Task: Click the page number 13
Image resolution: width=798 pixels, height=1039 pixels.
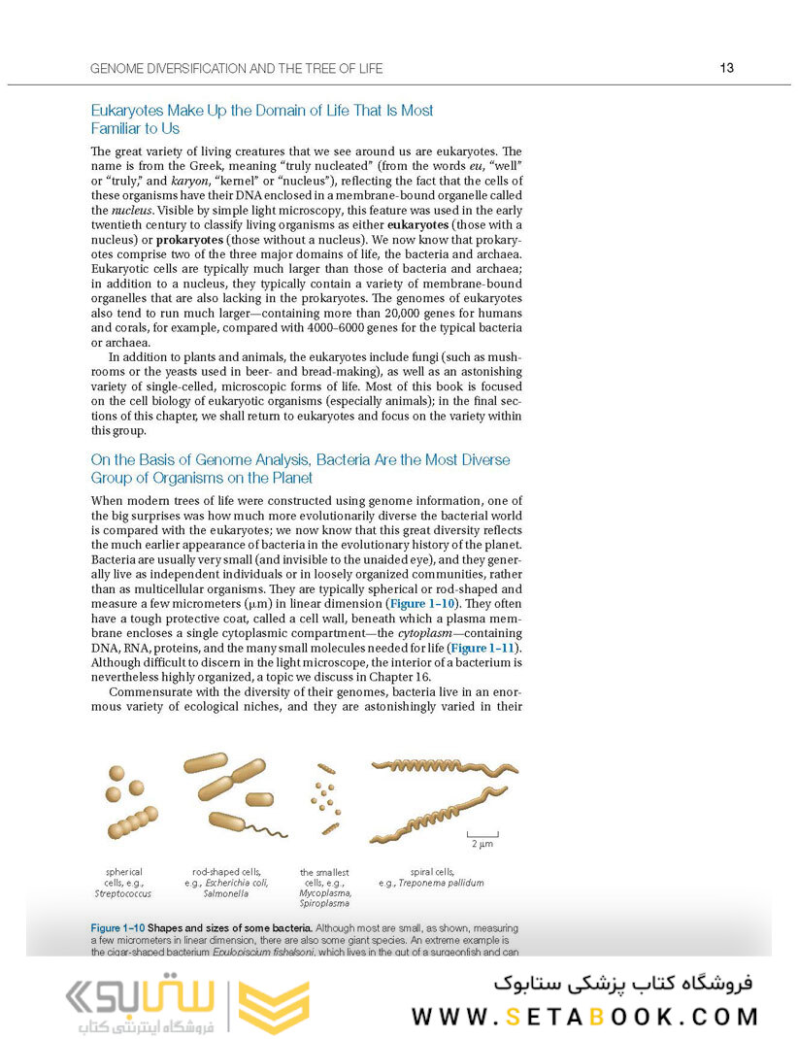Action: click(x=726, y=68)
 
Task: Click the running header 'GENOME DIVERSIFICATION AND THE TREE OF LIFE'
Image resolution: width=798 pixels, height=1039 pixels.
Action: click(x=236, y=69)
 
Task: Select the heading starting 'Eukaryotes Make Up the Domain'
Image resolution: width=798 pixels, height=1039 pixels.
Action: click(x=262, y=119)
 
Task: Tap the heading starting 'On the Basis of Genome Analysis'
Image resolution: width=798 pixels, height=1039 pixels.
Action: click(x=300, y=468)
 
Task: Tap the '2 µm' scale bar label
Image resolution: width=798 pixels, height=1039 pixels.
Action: click(x=482, y=845)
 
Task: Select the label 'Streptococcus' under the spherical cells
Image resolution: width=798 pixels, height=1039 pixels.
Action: click(x=123, y=893)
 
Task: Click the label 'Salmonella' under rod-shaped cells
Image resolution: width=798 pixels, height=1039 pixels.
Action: click(x=226, y=893)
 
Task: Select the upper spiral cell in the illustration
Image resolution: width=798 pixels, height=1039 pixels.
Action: click(x=442, y=767)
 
